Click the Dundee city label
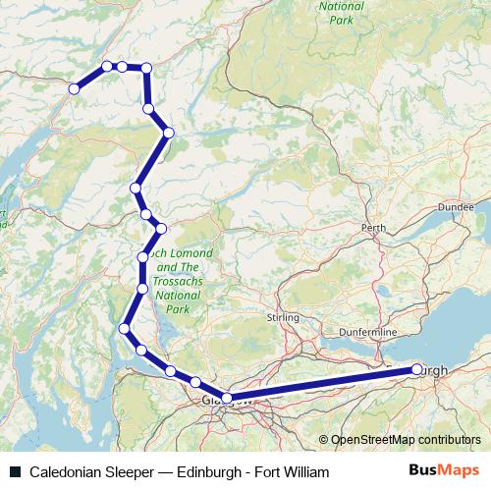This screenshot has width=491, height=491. pyautogui.click(x=456, y=208)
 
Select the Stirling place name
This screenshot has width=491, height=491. pyautogui.click(x=283, y=318)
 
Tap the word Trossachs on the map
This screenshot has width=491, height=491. pyautogui.click(x=180, y=281)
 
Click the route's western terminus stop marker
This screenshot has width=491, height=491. pyautogui.click(x=74, y=88)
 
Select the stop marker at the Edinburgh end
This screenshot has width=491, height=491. pyautogui.click(x=417, y=369)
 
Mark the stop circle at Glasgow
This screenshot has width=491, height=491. pyautogui.click(x=227, y=398)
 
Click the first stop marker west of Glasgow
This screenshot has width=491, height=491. pyautogui.click(x=195, y=382)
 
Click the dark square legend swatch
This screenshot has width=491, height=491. pyautogui.click(x=14, y=472)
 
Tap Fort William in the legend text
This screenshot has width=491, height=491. pyautogui.click(x=291, y=472)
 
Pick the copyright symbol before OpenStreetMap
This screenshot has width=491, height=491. pyautogui.click(x=323, y=440)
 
